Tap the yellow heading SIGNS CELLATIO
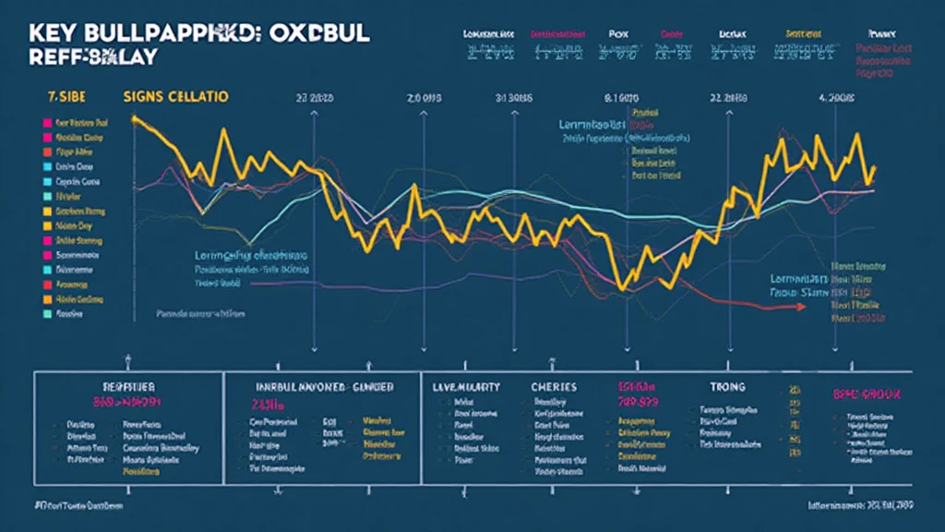tap(175, 97)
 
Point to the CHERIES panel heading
tap(554, 387)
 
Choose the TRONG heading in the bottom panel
tap(726, 388)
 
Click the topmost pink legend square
tap(36, 121)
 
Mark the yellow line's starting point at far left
tap(135, 118)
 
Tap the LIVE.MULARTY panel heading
tap(466, 388)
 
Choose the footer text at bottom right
tap(859, 507)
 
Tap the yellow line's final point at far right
tap(873, 169)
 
